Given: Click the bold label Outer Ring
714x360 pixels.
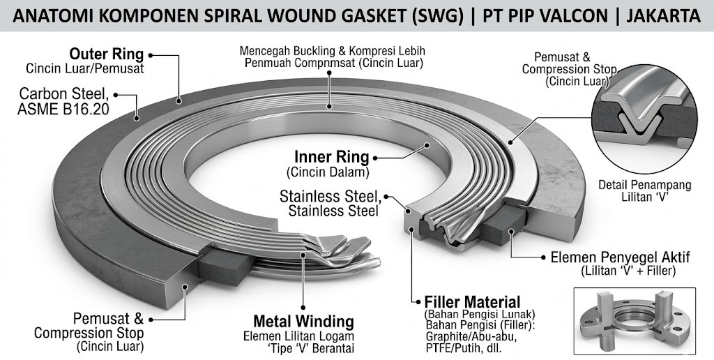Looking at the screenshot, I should point(106,54).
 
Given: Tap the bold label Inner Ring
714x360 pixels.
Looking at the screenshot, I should point(331,157).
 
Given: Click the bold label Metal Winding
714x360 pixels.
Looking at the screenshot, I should point(303,322).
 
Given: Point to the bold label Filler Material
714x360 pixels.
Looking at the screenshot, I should point(472,302).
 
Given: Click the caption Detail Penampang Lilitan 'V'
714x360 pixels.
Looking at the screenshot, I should point(645,191).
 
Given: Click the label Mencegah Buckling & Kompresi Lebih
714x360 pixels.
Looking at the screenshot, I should point(332,52).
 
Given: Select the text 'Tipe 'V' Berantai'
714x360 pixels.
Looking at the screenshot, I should point(303,347).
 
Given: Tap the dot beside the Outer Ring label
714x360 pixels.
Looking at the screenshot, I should point(151,54).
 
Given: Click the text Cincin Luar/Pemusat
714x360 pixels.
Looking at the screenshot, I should point(85,68).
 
